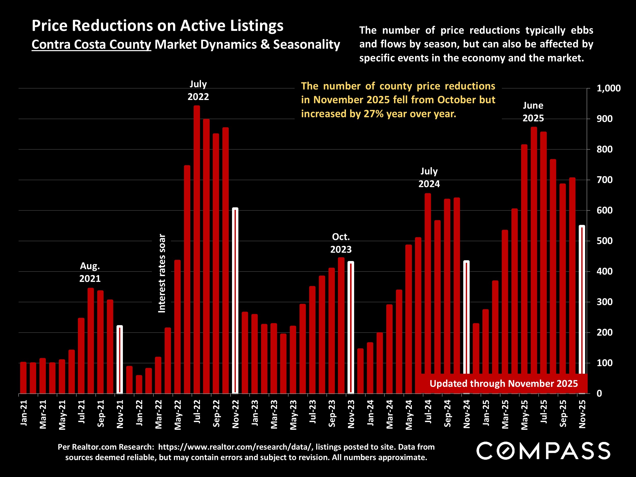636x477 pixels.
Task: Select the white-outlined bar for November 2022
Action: pyautogui.click(x=235, y=300)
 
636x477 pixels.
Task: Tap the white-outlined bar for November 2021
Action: pyautogui.click(x=120, y=359)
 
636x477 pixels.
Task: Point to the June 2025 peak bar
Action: pyautogui.click(x=534, y=260)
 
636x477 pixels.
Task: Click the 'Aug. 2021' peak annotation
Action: pyautogui.click(x=90, y=272)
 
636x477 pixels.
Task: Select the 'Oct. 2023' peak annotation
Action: pyautogui.click(x=341, y=243)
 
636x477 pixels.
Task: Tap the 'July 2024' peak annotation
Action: pyautogui.click(x=429, y=177)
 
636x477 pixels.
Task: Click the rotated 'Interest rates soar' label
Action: pyautogui.click(x=162, y=273)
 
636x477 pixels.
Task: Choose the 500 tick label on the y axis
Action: pyautogui.click(x=604, y=241)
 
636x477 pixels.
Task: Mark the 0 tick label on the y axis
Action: pyautogui.click(x=599, y=393)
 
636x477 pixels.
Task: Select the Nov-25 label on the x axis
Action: pyautogui.click(x=582, y=414)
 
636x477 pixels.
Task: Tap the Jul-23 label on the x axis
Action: pyautogui.click(x=313, y=411)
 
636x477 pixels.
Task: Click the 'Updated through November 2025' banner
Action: pyautogui.click(x=503, y=384)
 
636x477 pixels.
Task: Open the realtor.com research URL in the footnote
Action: pyautogui.click(x=235, y=447)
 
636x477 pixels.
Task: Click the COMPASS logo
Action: pyautogui.click(x=543, y=451)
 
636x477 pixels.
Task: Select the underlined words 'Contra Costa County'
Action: pyautogui.click(x=91, y=45)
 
